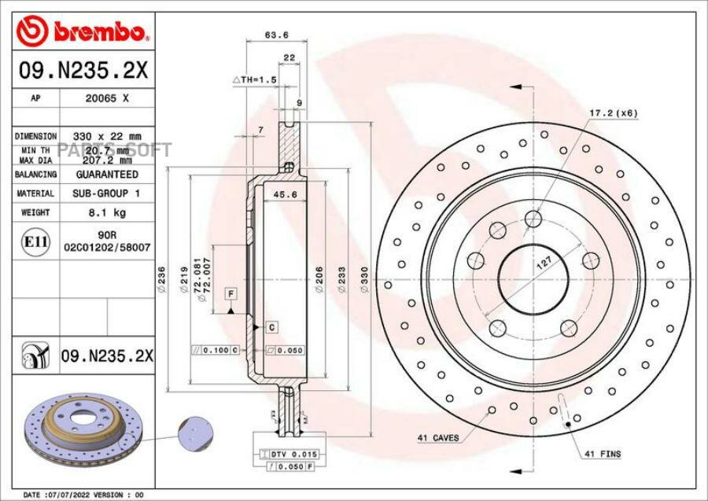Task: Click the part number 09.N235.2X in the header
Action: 83,72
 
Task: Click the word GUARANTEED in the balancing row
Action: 107,174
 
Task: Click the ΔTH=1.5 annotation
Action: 255,80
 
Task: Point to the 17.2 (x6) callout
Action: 614,113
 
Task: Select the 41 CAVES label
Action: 437,437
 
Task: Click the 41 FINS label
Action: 603,455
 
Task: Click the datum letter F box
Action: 232,293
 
